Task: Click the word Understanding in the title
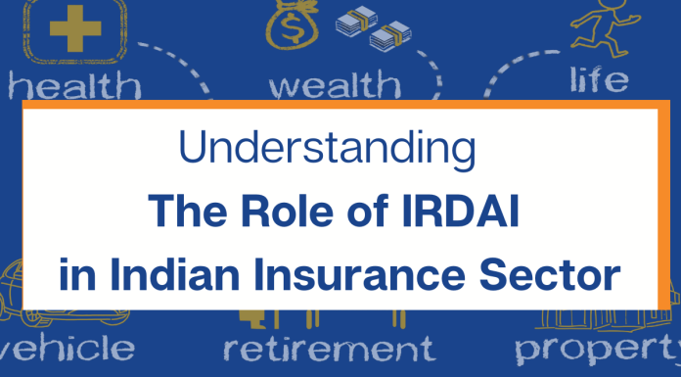[x=329, y=153]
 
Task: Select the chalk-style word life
[x=601, y=78]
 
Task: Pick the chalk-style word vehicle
[x=68, y=347]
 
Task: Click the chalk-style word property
[x=597, y=349]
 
